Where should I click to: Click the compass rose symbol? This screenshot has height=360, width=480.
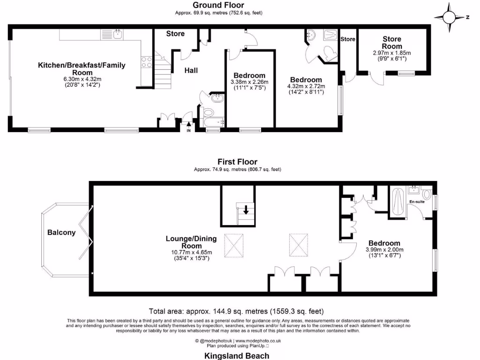point(449,17)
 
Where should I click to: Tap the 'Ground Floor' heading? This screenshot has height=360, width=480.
point(218,5)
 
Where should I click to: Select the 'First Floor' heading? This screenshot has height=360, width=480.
point(238,162)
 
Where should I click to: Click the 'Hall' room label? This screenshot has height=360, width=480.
point(191,70)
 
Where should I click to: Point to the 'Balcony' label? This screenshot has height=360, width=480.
point(61,232)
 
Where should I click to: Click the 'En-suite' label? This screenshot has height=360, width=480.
point(417,202)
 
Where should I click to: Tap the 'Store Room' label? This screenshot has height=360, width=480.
point(392,43)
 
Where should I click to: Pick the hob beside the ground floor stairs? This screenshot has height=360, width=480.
point(146,62)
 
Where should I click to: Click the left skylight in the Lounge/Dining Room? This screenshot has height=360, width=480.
point(234,246)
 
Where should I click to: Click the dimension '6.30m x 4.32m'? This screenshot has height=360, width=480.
point(82,79)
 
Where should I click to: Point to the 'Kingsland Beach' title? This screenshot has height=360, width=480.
point(237,356)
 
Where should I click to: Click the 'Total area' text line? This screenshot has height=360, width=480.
point(236,311)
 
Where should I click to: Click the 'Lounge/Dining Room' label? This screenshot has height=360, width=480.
point(191,242)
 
